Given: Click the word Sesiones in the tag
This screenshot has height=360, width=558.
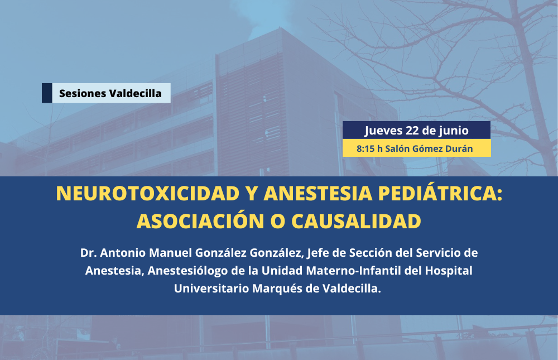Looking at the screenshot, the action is click(x=83, y=93).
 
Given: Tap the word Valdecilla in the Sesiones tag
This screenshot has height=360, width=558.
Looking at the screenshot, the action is click(x=136, y=93).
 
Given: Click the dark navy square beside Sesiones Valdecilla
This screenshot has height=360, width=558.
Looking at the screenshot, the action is click(x=47, y=93).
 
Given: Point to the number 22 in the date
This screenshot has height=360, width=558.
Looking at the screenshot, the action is click(x=412, y=131).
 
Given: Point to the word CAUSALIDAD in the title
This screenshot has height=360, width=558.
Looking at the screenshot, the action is click(x=356, y=221).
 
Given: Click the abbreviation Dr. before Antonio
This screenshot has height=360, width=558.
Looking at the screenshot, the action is click(x=88, y=253).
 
